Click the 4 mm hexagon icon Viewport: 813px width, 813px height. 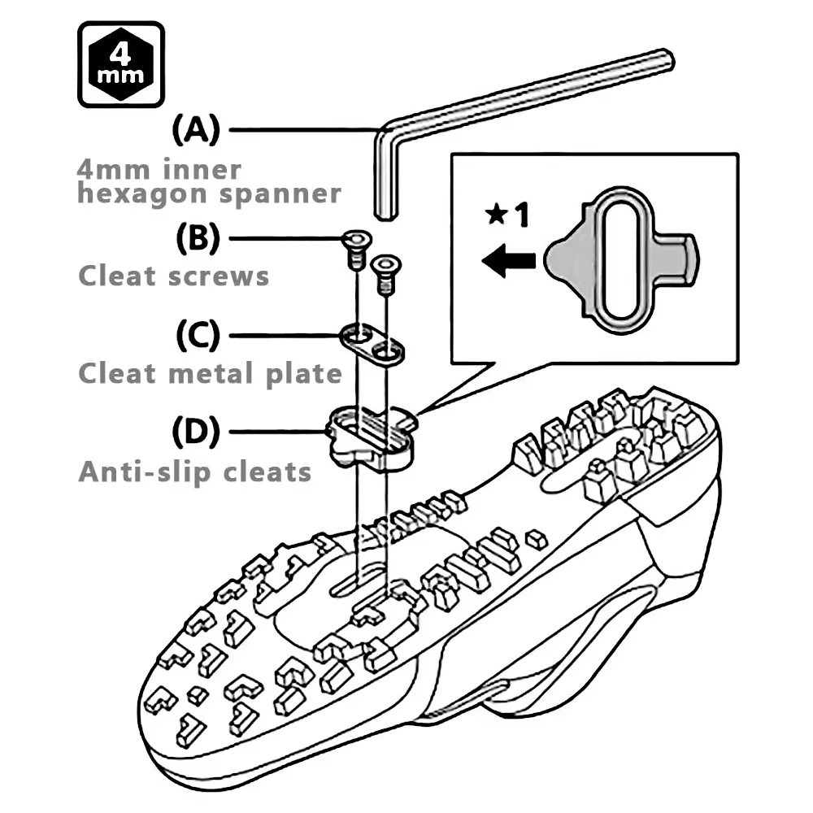tap(120, 64)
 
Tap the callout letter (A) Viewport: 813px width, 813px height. tap(196, 129)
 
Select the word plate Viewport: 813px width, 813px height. tap(303, 373)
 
